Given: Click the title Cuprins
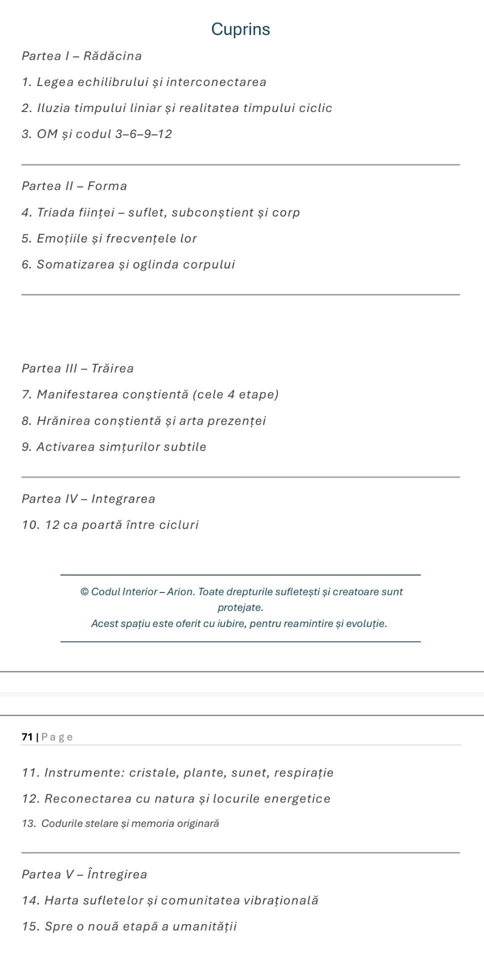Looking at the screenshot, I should click(x=240, y=29).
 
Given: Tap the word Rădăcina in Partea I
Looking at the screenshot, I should click(x=112, y=56).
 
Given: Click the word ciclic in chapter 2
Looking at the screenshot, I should click(x=315, y=108).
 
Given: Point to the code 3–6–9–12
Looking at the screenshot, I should click(x=143, y=134).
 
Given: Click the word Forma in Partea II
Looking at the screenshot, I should click(x=107, y=186).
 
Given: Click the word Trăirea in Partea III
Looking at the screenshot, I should click(x=112, y=369).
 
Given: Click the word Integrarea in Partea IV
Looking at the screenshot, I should click(x=123, y=499).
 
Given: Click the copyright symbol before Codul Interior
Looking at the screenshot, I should click(x=84, y=592).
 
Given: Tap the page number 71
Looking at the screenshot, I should click(x=27, y=737).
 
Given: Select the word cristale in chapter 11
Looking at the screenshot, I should click(x=152, y=773).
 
